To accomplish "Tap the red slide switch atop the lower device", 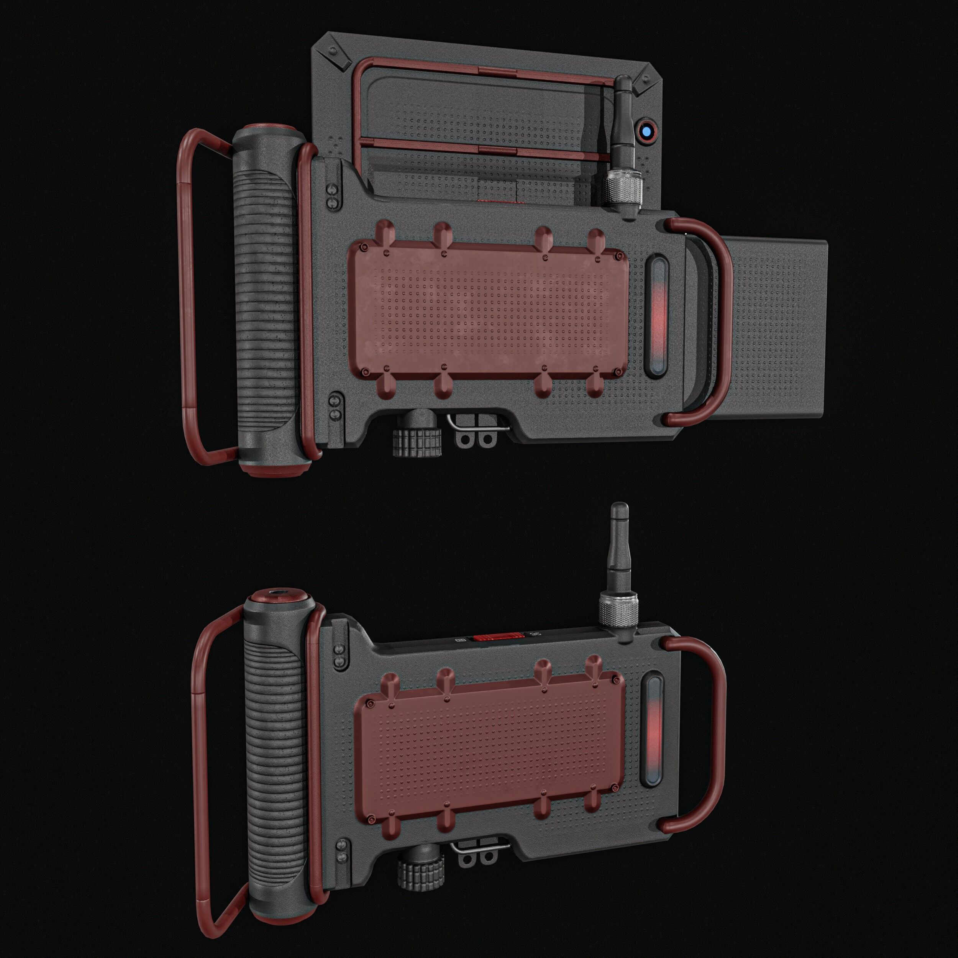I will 497,636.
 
